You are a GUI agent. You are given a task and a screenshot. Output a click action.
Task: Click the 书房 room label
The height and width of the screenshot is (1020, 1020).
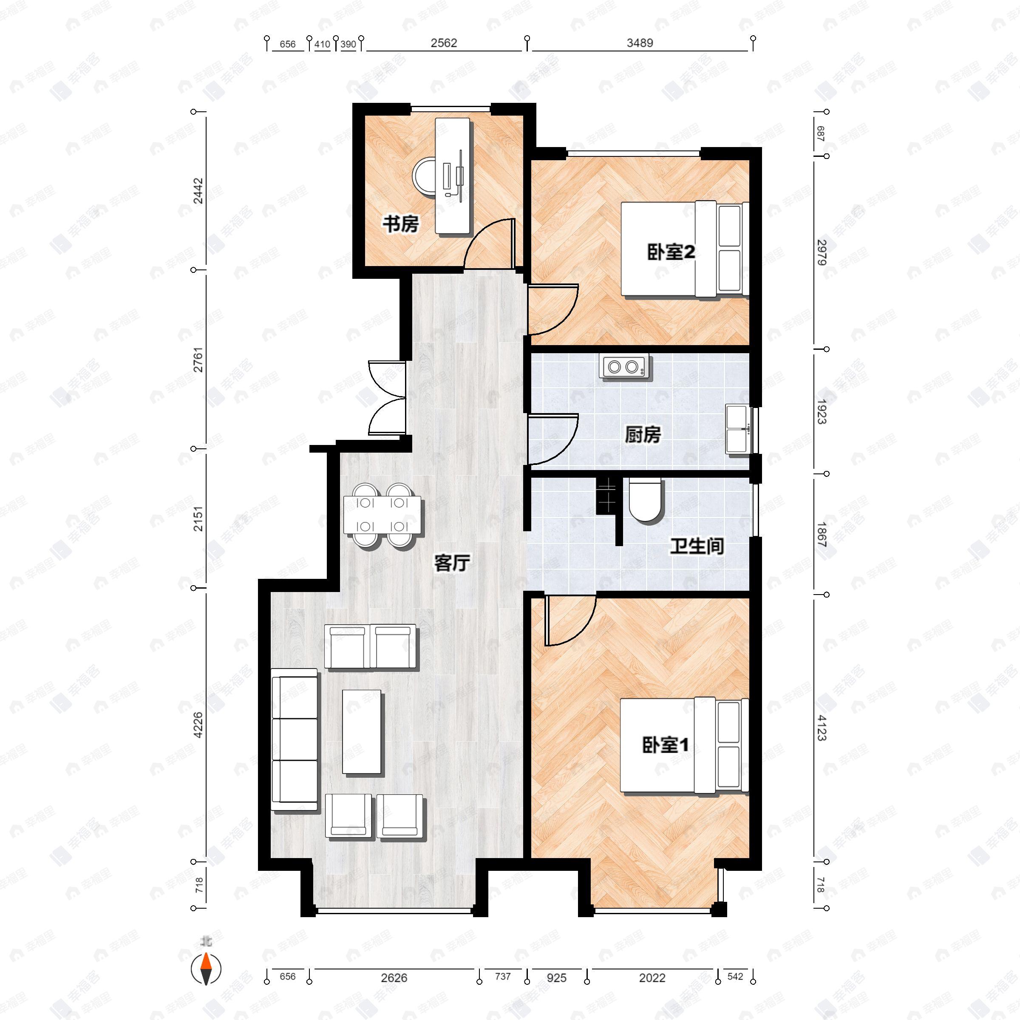tap(400, 224)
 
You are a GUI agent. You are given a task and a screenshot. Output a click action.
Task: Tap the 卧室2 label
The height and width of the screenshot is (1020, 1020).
tap(671, 252)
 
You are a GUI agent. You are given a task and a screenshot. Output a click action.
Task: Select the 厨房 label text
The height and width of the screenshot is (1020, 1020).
tap(643, 435)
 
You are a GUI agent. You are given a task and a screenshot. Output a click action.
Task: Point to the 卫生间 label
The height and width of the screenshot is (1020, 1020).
tap(697, 547)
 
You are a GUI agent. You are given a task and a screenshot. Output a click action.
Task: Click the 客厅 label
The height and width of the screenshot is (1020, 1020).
tap(451, 563)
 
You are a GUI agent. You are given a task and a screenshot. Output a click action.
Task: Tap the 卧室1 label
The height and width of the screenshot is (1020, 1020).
tap(665, 745)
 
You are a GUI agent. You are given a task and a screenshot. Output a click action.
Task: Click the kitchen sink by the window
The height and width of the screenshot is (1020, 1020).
tap(737, 429)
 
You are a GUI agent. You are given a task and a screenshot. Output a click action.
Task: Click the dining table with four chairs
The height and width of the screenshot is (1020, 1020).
tap(382, 515)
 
